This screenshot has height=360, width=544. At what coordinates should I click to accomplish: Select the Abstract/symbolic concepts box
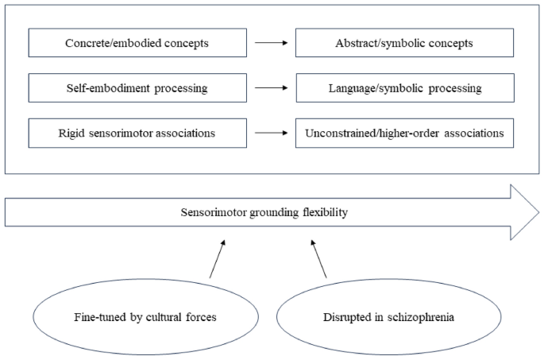coord(403,43)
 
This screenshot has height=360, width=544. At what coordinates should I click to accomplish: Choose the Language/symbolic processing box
coord(403,88)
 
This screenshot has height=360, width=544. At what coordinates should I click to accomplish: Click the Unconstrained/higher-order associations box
coord(403,133)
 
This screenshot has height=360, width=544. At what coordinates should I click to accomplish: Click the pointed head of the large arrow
coord(524,212)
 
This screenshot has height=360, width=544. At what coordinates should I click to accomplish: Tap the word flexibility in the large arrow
coord(326,213)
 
